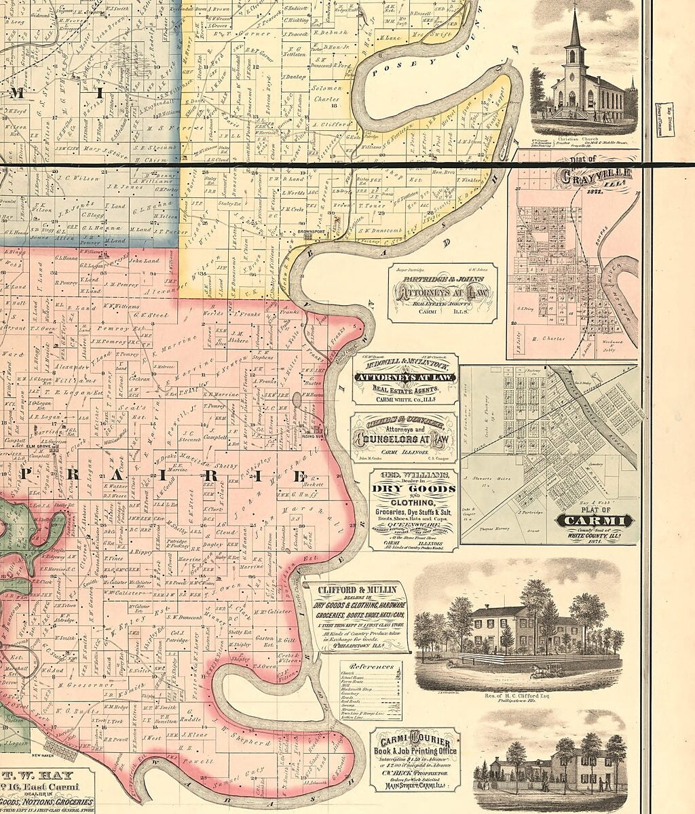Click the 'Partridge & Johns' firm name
click(x=442, y=279)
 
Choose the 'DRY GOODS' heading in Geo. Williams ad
click(x=413, y=488)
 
